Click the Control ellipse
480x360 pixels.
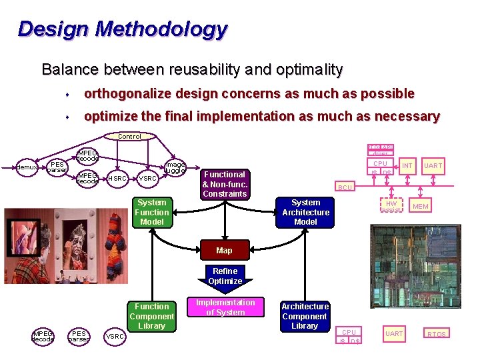point(129,136)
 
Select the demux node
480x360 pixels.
point(27,167)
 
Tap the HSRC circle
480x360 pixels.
point(118,179)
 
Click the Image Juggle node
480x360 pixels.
point(175,167)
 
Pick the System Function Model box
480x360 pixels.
point(151,212)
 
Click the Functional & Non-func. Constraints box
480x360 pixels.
point(225,183)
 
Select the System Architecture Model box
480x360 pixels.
point(305,212)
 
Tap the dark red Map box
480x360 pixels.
point(225,251)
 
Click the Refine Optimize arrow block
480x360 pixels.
point(225,276)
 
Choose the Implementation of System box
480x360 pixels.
point(225,307)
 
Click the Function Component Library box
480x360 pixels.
point(151,316)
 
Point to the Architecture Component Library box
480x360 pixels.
point(305,316)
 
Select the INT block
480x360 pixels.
point(407,165)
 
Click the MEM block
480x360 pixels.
point(421,207)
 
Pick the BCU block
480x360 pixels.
point(345,187)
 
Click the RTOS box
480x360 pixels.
point(437,334)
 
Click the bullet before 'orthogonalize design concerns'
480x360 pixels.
point(68,94)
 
